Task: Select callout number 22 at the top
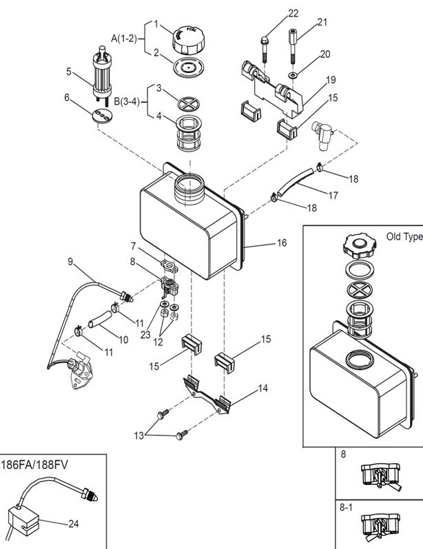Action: (293, 13)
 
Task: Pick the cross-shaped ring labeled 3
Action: (187, 97)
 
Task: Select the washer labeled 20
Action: (294, 74)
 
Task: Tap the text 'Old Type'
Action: (404, 236)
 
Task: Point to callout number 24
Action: (74, 524)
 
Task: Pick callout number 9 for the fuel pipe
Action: (70, 260)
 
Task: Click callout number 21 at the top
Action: (322, 23)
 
